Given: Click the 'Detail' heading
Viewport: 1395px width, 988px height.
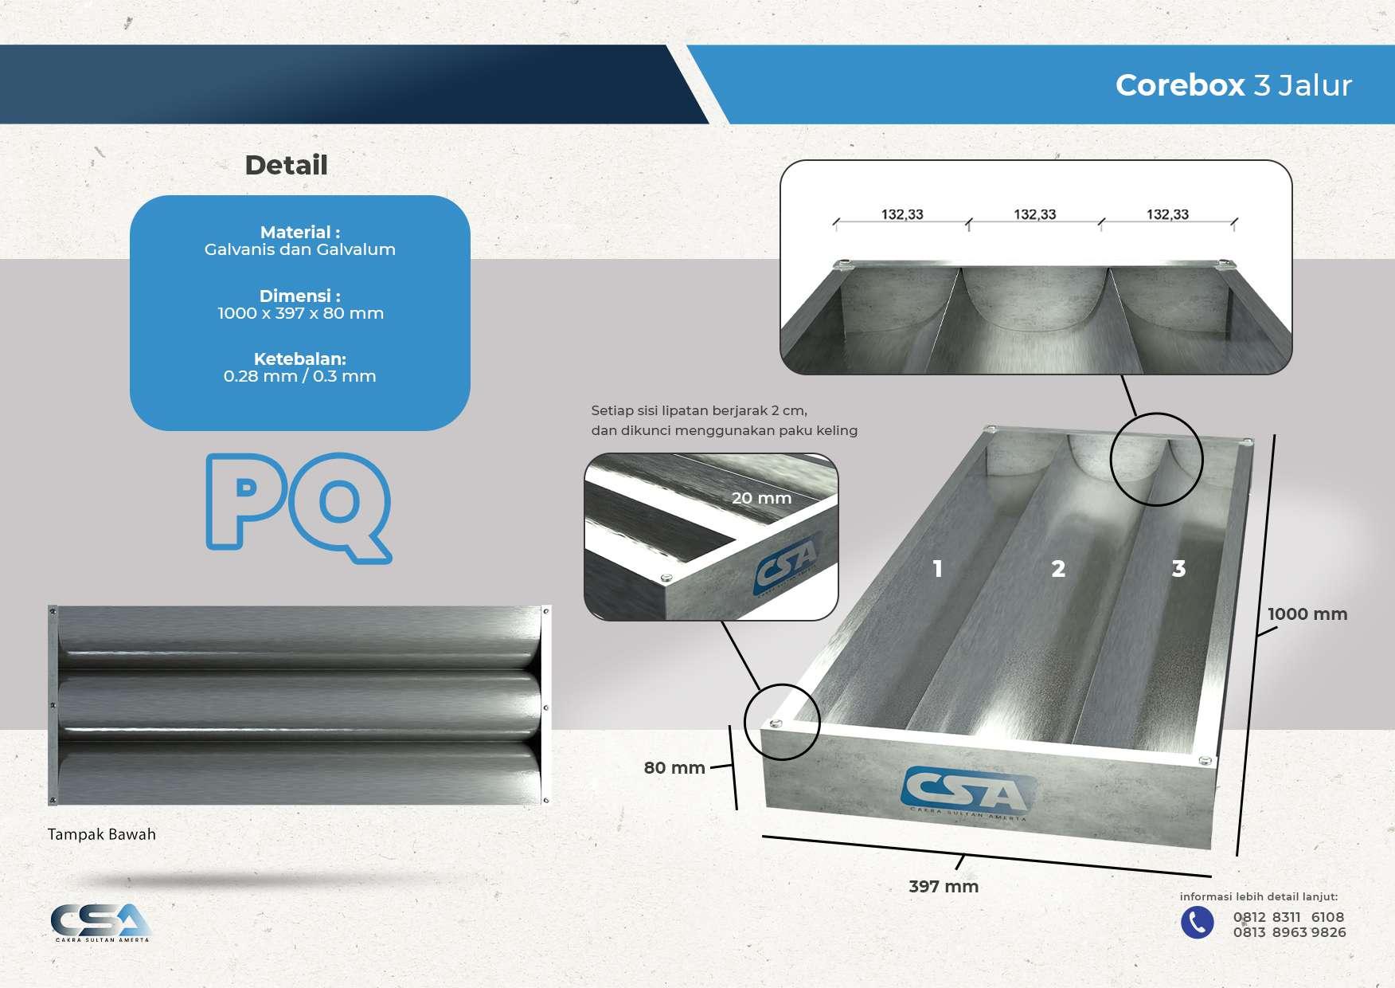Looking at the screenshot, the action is (286, 165).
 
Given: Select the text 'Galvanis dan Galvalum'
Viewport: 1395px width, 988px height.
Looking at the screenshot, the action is (299, 249).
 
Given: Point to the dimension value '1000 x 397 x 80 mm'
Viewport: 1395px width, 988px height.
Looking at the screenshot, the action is (300, 313).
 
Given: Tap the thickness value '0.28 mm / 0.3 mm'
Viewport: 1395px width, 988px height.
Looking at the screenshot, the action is (299, 376).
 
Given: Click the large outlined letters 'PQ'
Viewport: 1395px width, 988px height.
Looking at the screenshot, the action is (299, 507).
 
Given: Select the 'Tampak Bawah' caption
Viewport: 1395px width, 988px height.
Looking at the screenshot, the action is (101, 834).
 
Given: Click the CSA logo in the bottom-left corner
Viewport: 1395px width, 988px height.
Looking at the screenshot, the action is (101, 923).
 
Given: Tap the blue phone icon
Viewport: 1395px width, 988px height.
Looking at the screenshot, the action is (1197, 923).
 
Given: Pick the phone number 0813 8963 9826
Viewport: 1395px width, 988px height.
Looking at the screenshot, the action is (1289, 932).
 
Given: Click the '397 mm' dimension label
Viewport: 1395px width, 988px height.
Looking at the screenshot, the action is (944, 886).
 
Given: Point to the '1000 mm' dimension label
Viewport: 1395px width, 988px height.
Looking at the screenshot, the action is (1307, 614).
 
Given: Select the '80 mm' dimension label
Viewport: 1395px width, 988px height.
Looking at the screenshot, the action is (674, 767).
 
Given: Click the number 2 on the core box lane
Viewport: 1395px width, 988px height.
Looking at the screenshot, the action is (1057, 568).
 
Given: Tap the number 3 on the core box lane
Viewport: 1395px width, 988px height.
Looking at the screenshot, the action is (1178, 568).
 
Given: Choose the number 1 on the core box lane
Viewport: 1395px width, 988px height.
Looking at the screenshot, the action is (937, 568).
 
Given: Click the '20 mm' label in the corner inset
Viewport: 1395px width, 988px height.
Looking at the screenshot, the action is (761, 498).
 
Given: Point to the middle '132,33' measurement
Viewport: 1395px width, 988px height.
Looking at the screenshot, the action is (1034, 214).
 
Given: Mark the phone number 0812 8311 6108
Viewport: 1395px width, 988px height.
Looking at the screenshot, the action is (1288, 917).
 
